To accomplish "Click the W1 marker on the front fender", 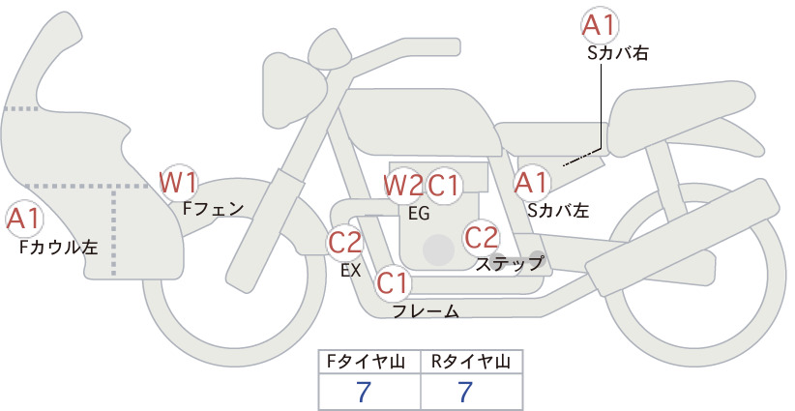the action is point(178,183).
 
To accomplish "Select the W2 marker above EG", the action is point(402,186).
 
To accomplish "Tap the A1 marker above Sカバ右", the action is point(600,24).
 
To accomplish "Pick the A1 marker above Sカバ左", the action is point(532,183).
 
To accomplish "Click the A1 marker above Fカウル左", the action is point(24,220).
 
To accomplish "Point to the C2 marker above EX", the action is point(344,242).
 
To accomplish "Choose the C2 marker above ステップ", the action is point(481,237).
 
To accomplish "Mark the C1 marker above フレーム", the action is point(393,283).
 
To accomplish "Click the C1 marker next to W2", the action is point(443,186).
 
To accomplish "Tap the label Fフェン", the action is point(213,208).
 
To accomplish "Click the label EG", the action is point(419,214).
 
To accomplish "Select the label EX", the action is point(350,271).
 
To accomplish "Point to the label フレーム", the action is point(426,311).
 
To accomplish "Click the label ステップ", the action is point(509,264).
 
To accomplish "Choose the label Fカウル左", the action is point(58,247).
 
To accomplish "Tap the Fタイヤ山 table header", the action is point(366,362).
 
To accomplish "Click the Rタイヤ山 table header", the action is point(470,362).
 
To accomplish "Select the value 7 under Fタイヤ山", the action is point(364,392).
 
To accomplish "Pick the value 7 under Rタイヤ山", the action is point(465,392).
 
